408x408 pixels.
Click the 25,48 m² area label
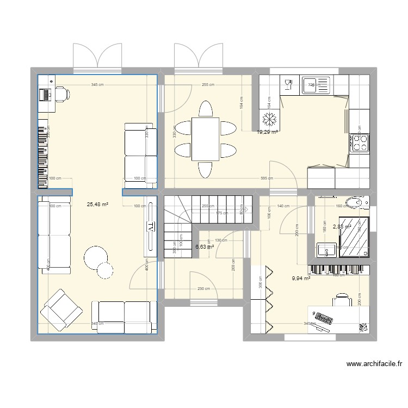click(97, 205)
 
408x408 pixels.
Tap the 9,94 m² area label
click(301, 279)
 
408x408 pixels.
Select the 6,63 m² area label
click(205, 246)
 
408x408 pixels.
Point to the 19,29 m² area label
click(268, 132)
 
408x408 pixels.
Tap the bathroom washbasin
click(327, 251)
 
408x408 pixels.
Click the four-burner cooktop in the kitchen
click(360, 143)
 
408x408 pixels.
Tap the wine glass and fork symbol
click(288, 84)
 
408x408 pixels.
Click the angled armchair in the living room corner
click(61, 310)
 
